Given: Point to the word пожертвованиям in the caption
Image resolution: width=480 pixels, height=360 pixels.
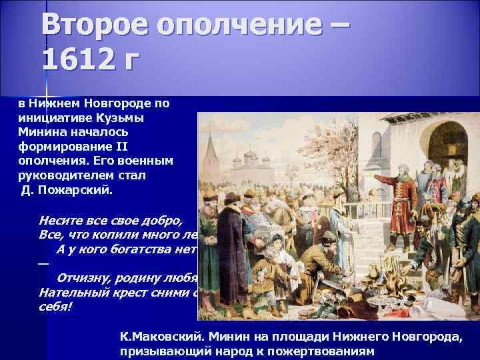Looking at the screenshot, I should click(320, 351).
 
